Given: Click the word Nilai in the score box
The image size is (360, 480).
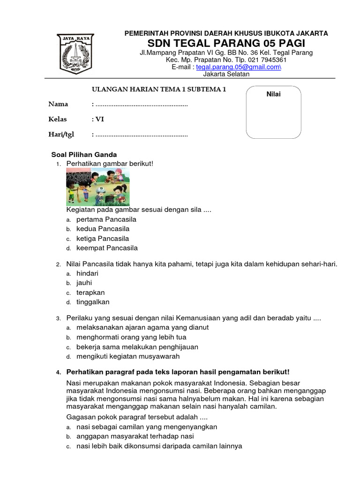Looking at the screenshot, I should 273,94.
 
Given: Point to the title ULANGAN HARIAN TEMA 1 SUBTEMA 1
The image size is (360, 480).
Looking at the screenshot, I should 158,89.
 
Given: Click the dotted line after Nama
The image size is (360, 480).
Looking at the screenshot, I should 141,104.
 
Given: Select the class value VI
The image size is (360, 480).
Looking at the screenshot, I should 100,119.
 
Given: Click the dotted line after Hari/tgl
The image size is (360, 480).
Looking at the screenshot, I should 141,135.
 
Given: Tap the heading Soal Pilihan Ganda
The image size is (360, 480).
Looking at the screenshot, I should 83,155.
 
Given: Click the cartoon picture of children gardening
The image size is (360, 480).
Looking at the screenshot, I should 97,187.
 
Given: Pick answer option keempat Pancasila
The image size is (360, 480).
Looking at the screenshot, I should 107,248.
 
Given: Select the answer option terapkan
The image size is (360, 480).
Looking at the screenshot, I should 90,292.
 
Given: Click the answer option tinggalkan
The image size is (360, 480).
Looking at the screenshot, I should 92,302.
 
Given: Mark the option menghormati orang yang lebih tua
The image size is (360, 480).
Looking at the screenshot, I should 131,337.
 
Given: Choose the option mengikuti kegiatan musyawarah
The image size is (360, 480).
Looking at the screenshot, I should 128,356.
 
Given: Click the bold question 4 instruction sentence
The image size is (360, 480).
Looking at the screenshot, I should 178,372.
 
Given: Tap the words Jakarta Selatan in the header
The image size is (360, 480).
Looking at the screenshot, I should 226,74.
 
